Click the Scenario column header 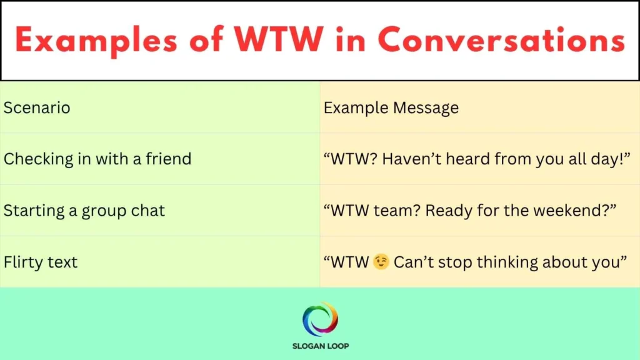click(37, 107)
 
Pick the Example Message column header click(391, 107)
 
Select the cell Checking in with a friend click(97, 159)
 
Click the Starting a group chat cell click(84, 210)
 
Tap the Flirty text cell click(41, 261)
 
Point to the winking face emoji click(381, 262)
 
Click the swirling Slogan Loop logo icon click(320, 319)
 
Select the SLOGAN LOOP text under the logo click(320, 346)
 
